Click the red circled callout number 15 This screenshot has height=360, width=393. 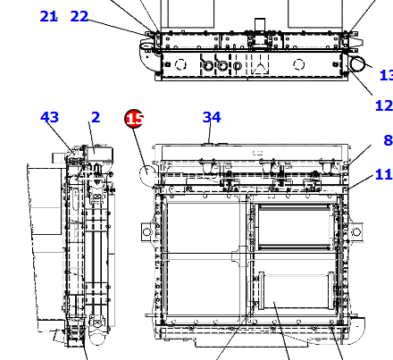point(134,119)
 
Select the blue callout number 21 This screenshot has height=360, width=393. point(48,16)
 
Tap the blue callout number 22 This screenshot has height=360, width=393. point(79,16)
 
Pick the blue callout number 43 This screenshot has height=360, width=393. point(49,117)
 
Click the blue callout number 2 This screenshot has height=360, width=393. point(96,117)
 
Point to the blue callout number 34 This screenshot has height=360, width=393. point(212,117)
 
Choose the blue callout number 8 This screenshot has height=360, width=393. point(388,140)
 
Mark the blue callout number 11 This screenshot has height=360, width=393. point(384,174)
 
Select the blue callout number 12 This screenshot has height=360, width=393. point(384,105)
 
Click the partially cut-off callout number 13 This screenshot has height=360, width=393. point(387,75)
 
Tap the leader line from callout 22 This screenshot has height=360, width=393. point(118,28)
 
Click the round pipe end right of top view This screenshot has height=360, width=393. point(357,63)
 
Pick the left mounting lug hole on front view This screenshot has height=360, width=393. point(146,231)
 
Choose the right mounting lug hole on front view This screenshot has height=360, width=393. point(356,231)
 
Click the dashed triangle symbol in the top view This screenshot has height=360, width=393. point(260,69)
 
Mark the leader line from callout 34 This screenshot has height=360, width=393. point(210,133)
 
